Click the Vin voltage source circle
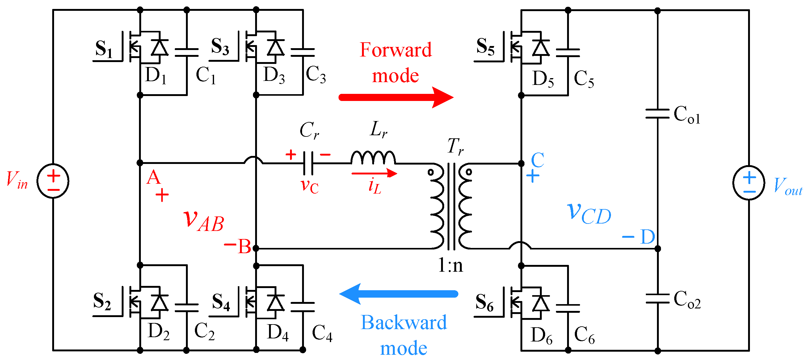pos(53,181)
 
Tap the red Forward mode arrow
pos(395,97)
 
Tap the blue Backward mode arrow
pos(398,294)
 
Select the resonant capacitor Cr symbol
pos(308,163)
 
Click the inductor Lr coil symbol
pos(373,157)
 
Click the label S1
pos(104,49)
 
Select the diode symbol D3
pos(276,48)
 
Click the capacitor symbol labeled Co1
pos(657,114)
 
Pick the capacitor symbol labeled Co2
pos(657,299)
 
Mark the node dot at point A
pos(140,163)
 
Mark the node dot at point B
pos(256,248)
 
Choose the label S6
pos(484,303)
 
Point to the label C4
pos(322,333)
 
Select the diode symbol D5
pos(541,48)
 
